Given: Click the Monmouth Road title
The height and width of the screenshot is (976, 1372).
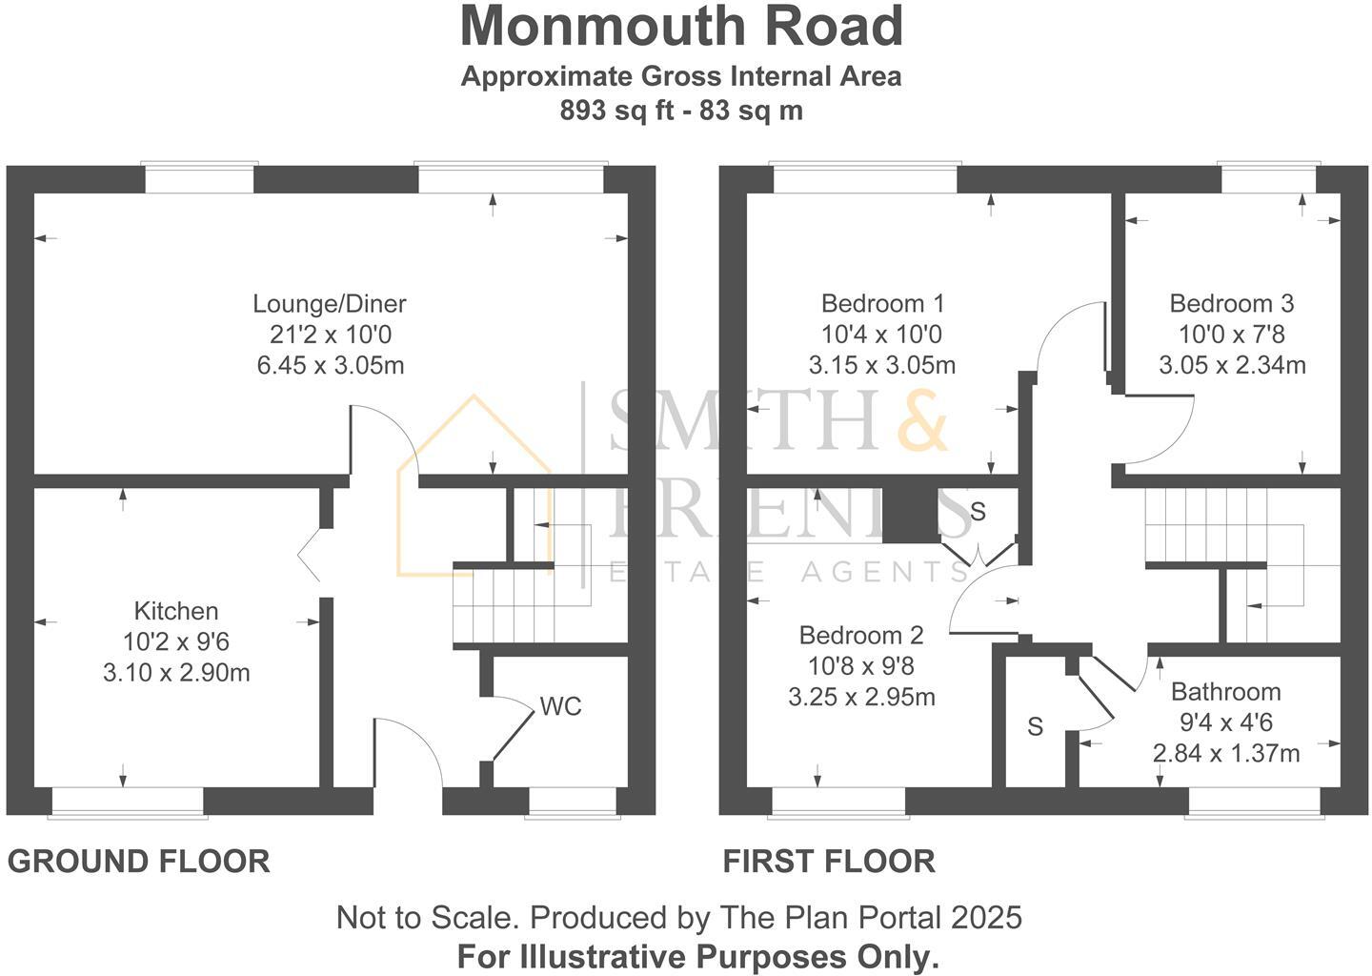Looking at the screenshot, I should (681, 27).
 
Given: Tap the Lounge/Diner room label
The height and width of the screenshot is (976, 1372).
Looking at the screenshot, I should (330, 304).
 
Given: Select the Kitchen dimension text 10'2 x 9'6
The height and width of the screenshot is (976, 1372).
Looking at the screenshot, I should (176, 641).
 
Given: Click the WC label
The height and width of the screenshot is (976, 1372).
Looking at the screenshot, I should (560, 707).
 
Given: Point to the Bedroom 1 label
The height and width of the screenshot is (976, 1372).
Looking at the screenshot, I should (882, 304).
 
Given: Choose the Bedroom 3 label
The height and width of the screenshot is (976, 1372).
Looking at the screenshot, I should (1231, 304).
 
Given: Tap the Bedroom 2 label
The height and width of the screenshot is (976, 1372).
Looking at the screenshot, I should (861, 635).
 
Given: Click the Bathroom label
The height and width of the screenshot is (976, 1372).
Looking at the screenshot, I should (1225, 692).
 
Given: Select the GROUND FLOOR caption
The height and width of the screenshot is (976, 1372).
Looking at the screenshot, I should (139, 862).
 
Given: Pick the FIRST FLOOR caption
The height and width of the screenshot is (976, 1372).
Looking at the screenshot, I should (829, 862).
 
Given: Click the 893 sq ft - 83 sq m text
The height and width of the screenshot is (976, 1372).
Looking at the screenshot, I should (681, 111).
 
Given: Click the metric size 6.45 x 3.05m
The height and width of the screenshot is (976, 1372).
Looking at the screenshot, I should (330, 365).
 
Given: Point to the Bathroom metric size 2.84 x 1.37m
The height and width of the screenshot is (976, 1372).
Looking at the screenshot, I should (1225, 753).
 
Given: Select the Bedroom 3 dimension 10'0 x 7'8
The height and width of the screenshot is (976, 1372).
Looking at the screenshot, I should (1231, 335).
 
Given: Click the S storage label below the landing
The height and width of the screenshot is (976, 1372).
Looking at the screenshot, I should (1035, 727).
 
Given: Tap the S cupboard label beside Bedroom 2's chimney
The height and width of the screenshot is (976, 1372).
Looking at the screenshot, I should (978, 512).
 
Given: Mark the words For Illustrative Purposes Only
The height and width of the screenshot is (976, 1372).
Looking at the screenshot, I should (698, 956).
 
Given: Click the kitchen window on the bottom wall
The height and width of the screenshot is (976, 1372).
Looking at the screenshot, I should (128, 803).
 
